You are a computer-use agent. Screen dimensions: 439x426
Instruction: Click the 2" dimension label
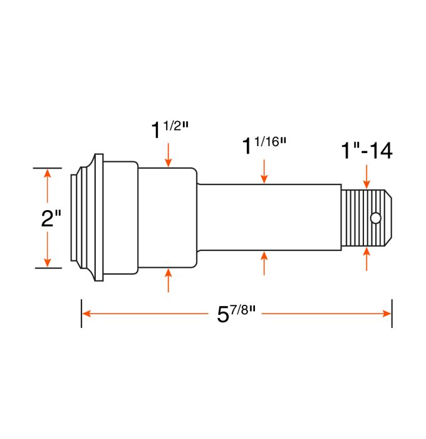click(x=50, y=219)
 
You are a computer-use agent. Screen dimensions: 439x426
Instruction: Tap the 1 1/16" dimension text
click(x=264, y=145)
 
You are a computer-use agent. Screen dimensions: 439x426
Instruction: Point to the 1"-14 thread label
click(x=366, y=151)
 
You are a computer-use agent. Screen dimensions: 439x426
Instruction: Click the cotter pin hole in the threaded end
click(x=375, y=218)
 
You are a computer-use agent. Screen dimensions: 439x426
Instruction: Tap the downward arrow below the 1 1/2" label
click(x=169, y=156)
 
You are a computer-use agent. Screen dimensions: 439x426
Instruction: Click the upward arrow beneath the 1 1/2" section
click(x=169, y=281)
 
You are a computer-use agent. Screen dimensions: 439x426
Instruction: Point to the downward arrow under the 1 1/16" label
click(x=264, y=171)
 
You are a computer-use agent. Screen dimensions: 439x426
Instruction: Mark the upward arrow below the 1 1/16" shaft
click(x=264, y=263)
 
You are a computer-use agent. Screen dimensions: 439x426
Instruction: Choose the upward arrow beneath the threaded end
click(x=366, y=258)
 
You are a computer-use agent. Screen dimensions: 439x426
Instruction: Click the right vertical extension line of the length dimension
click(x=392, y=313)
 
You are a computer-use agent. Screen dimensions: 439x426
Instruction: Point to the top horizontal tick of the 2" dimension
click(x=47, y=168)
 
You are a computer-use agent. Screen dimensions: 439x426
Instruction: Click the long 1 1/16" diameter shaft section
click(x=269, y=218)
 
